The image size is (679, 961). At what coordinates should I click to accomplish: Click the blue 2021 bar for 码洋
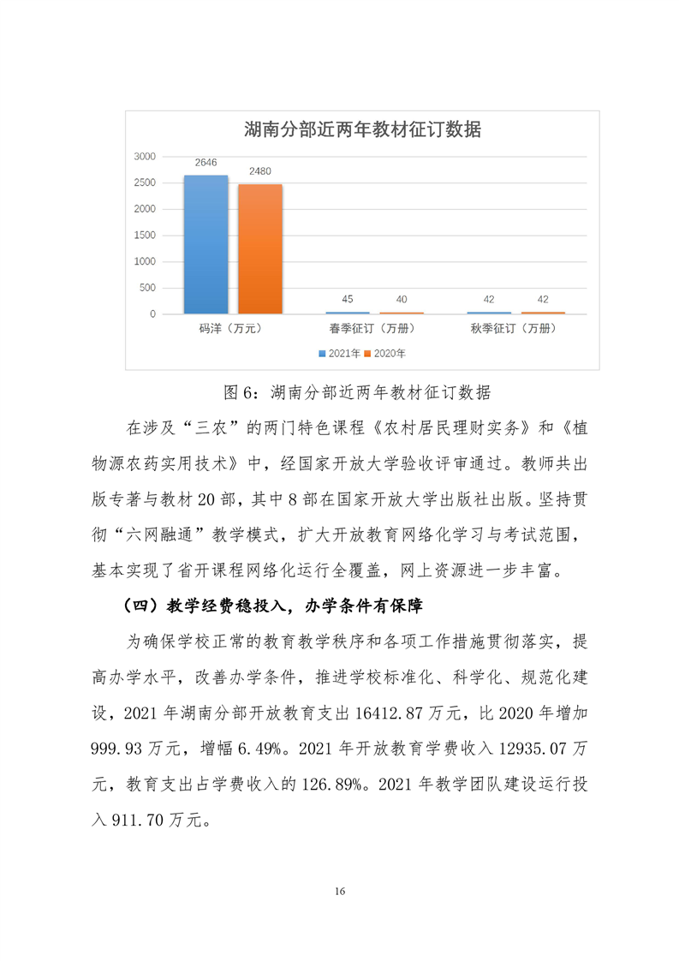tap(205, 244)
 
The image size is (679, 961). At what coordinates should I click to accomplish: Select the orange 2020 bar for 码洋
tap(260, 248)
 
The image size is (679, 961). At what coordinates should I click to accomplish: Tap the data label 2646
tap(205, 163)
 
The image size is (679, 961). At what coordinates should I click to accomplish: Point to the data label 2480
tap(260, 171)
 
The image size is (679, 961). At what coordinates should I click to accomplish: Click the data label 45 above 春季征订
tap(348, 299)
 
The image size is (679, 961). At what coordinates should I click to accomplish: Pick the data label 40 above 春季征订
tap(401, 299)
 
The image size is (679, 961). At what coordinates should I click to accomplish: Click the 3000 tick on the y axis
tap(144, 157)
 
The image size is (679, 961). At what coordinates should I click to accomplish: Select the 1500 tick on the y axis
tap(144, 236)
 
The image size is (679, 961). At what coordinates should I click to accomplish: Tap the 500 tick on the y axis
tap(146, 288)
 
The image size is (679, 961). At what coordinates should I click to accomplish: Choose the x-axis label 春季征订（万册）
tap(374, 328)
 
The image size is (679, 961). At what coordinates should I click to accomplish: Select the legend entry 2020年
tap(386, 353)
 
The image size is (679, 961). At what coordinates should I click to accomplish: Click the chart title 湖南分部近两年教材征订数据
tap(362, 130)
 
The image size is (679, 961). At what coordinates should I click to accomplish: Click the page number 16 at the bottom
tap(340, 892)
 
